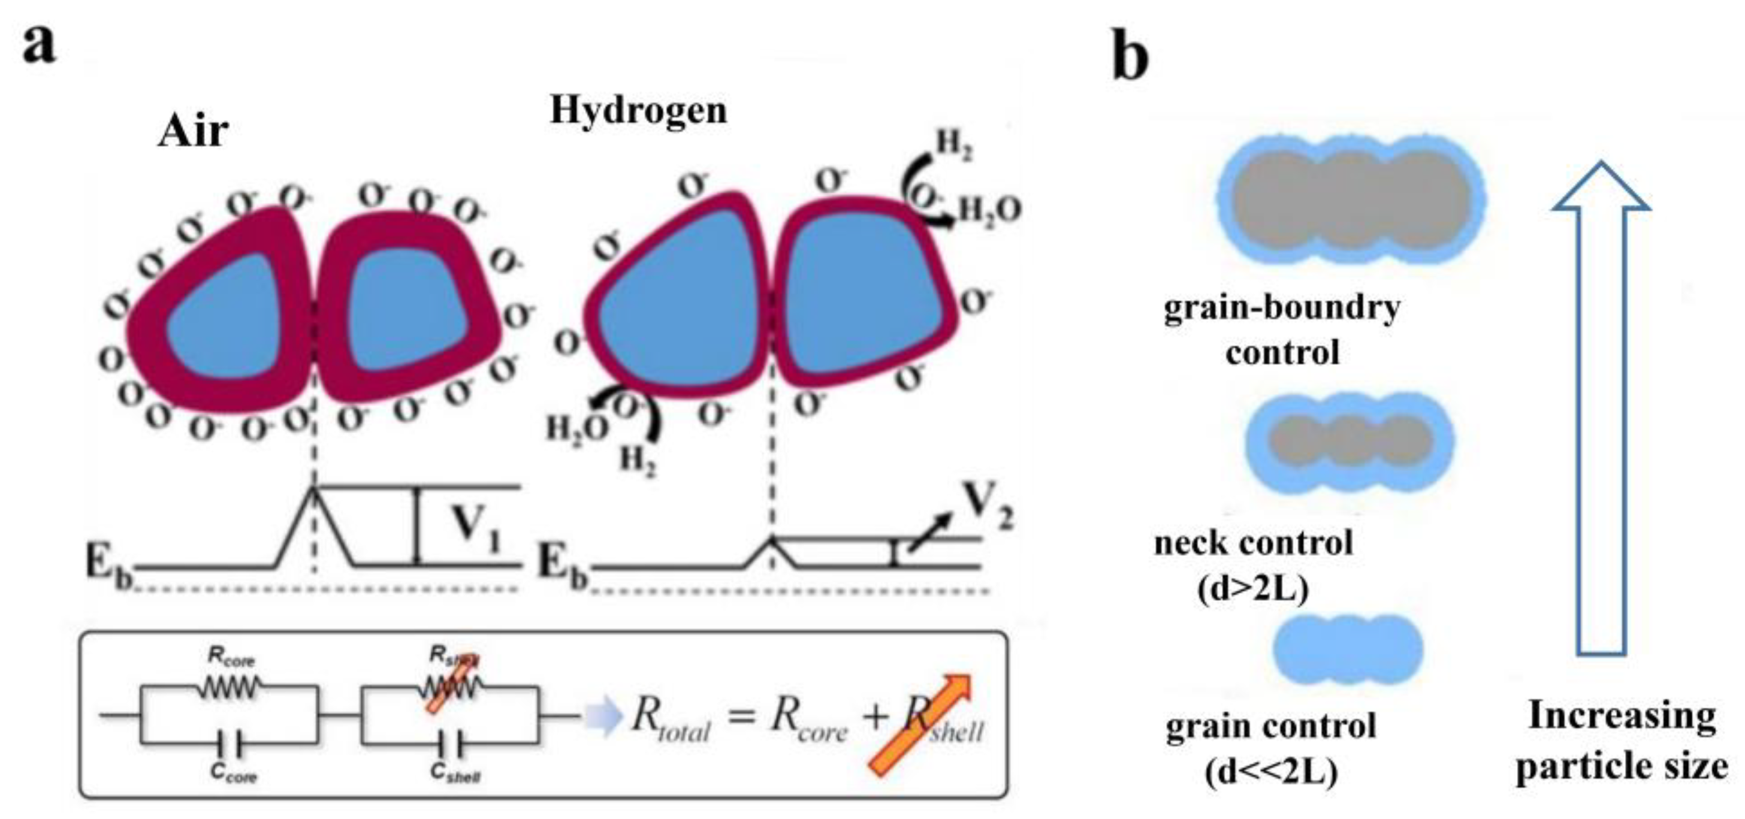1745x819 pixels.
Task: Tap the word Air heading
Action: click(193, 131)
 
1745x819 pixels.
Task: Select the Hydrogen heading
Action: click(638, 110)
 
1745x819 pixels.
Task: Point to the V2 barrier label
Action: click(989, 507)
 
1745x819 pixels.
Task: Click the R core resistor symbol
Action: click(228, 688)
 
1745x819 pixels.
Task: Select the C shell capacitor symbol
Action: click(450, 746)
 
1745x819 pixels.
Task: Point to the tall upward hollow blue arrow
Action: click(1601, 406)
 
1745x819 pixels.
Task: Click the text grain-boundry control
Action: click(1282, 330)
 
